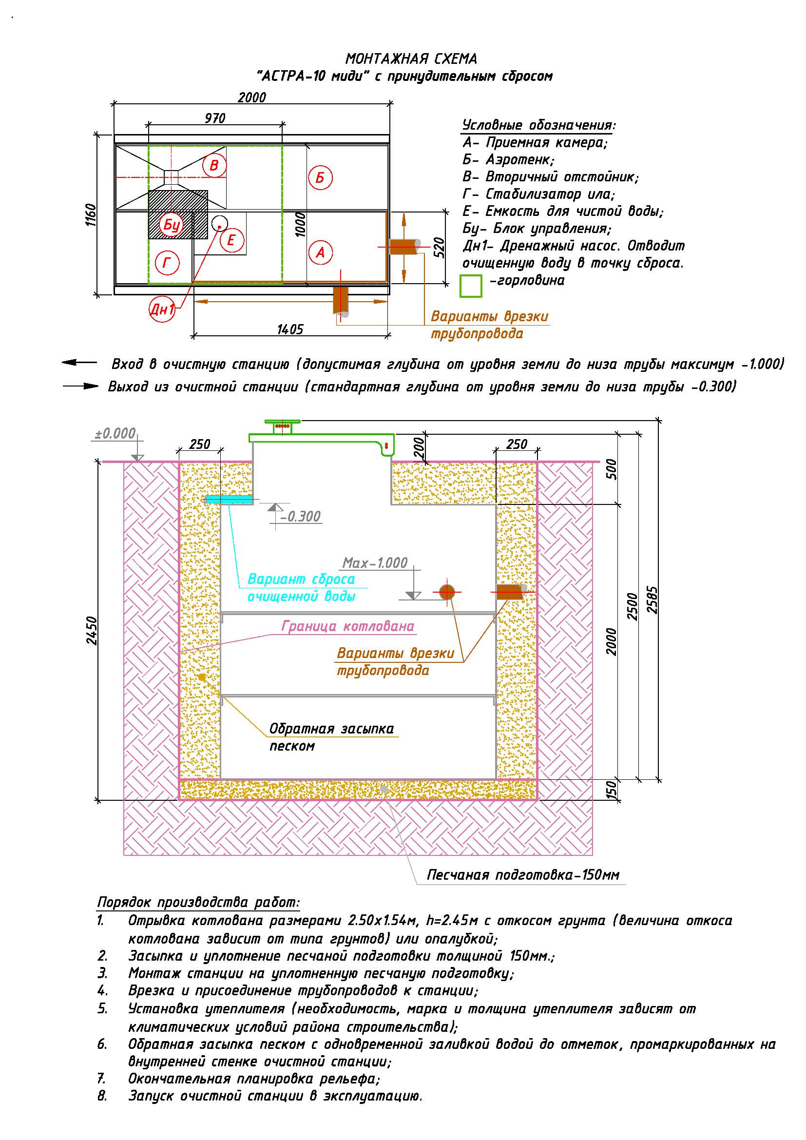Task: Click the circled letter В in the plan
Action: pyautogui.click(x=214, y=165)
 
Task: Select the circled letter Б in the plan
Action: pyautogui.click(x=320, y=178)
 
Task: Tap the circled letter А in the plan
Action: pyautogui.click(x=320, y=253)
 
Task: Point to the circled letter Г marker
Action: pyautogui.click(x=167, y=263)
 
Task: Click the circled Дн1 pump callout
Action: pyautogui.click(x=162, y=310)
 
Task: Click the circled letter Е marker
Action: pyautogui.click(x=231, y=241)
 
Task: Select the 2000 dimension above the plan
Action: pyautogui.click(x=251, y=97)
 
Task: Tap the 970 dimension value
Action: pyautogui.click(x=215, y=118)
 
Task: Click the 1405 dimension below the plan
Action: pyautogui.click(x=290, y=329)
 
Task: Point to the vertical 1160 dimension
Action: pyautogui.click(x=91, y=215)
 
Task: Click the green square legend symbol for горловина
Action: pyautogui.click(x=471, y=286)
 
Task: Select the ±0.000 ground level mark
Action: pyautogui.click(x=115, y=433)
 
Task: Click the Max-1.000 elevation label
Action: pyautogui.click(x=375, y=562)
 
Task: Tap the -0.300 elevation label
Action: pyautogui.click(x=300, y=516)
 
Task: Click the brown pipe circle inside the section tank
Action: pyautogui.click(x=447, y=592)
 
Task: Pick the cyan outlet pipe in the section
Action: pyautogui.click(x=230, y=499)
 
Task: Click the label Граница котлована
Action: pyautogui.click(x=348, y=626)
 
